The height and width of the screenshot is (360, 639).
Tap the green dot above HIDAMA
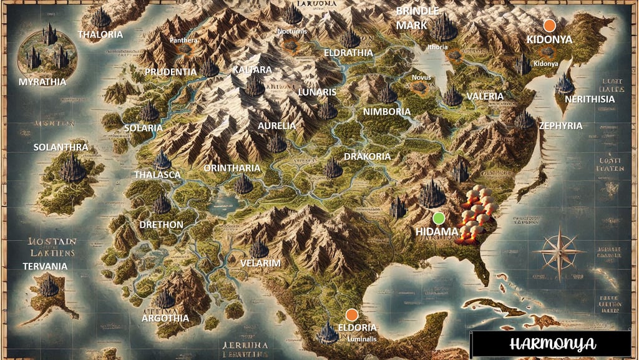pos(439,218)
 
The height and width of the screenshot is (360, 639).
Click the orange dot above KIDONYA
pos(549,25)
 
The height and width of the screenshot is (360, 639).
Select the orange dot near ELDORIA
pos(351,314)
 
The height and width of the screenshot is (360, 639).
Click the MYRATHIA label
pos(44,82)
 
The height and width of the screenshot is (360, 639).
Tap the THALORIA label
pos(100,34)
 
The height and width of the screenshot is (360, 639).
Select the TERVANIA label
pos(45,266)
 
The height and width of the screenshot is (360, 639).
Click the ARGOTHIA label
pos(165,318)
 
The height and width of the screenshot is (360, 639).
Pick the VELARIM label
pos(261,263)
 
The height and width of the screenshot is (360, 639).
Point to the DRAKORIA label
pos(367,156)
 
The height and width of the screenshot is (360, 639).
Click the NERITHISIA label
pos(590,99)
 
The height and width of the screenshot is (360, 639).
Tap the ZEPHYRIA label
pos(560,125)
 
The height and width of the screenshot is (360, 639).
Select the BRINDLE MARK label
pos(418,19)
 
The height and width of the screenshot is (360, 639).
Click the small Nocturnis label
pos(292,30)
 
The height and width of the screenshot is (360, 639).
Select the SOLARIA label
pos(144,127)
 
